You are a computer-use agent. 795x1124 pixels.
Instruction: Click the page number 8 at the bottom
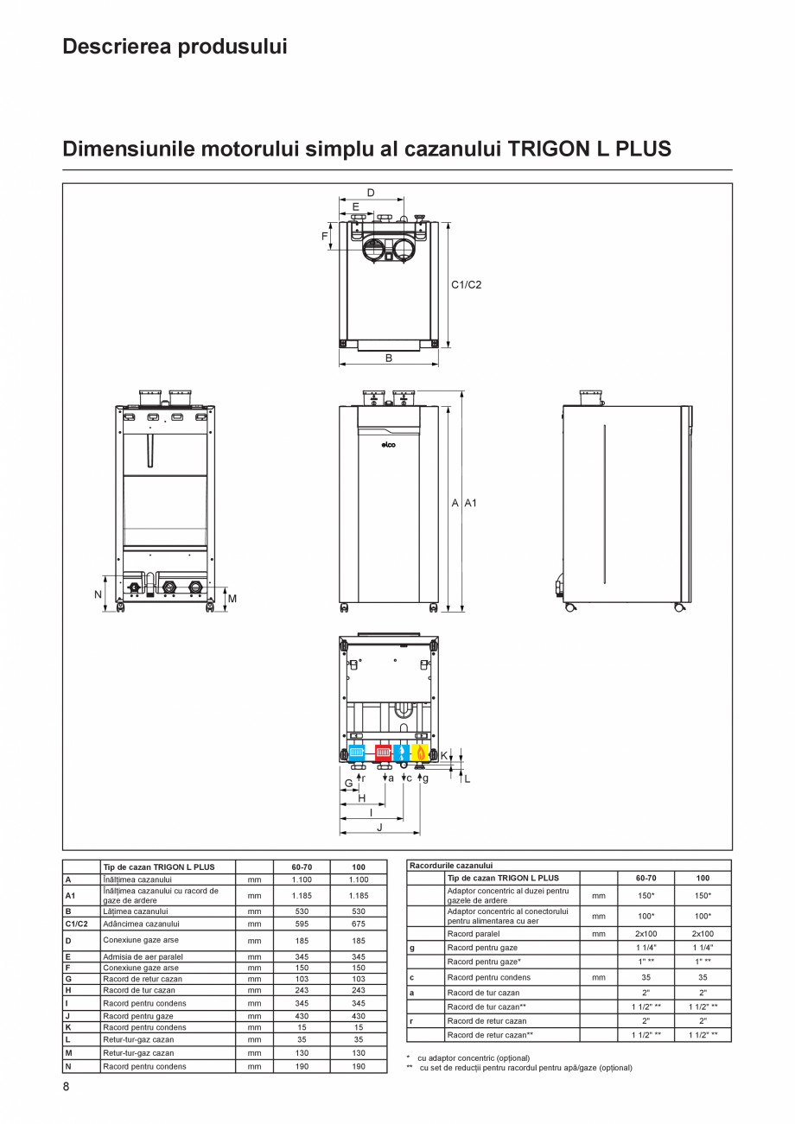pyautogui.click(x=66, y=1086)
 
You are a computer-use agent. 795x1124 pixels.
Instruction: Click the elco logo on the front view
pyautogui.click(x=389, y=445)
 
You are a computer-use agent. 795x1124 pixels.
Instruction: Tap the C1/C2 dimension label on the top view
pyautogui.click(x=466, y=284)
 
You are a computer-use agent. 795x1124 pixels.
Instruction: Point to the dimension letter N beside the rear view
pyautogui.click(x=98, y=595)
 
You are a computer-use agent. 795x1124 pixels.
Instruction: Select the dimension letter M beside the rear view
pyautogui.click(x=232, y=598)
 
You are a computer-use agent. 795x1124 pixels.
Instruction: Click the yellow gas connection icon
pyautogui.click(x=420, y=752)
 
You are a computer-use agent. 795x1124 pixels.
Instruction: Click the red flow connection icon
pyautogui.click(x=383, y=752)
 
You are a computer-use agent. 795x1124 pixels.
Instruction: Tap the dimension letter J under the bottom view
pyautogui.click(x=379, y=827)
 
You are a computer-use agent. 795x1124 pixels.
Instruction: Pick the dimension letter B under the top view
pyautogui.click(x=389, y=357)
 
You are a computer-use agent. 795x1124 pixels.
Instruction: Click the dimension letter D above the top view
pyautogui.click(x=371, y=193)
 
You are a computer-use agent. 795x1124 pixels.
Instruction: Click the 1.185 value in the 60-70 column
pyautogui.click(x=302, y=896)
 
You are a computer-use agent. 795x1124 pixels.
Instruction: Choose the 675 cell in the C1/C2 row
pyautogui.click(x=358, y=924)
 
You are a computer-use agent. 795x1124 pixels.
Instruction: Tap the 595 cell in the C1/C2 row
pyautogui.click(x=302, y=924)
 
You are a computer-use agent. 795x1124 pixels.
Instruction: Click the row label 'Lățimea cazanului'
pyautogui.click(x=135, y=911)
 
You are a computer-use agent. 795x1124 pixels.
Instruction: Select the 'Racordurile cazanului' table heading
pyautogui.click(x=451, y=865)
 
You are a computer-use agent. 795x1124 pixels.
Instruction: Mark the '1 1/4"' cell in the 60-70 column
pyautogui.click(x=646, y=948)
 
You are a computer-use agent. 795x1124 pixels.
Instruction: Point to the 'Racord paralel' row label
pyautogui.click(x=474, y=934)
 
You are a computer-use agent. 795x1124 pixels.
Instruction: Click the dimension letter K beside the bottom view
pyautogui.click(x=444, y=755)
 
